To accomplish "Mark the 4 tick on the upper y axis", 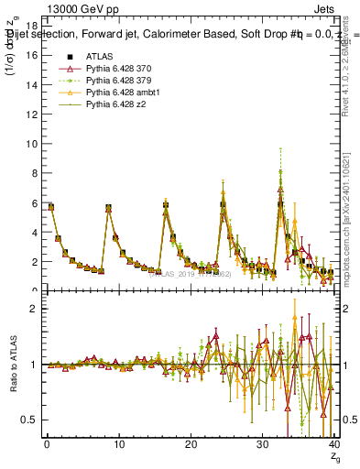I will point(34,232).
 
